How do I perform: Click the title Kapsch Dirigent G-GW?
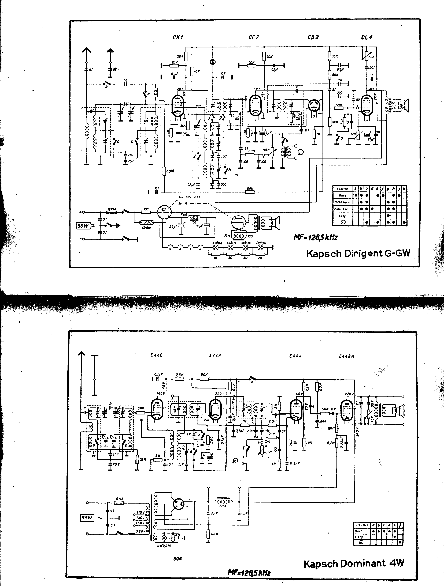[358, 254]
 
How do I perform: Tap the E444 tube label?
[295, 356]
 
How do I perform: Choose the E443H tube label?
[347, 356]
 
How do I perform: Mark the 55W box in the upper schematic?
[83, 226]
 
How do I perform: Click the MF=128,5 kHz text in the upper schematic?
[315, 237]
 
